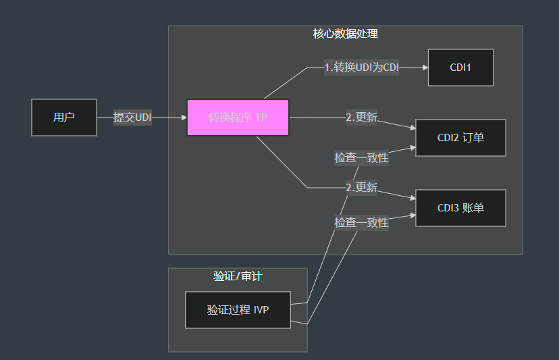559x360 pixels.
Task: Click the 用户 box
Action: (64, 118)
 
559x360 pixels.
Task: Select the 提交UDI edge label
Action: (132, 118)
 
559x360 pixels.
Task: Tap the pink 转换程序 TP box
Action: (238, 118)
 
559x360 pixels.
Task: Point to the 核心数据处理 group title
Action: (345, 34)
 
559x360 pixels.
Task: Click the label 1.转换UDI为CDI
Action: (362, 68)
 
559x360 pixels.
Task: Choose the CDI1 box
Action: (460, 68)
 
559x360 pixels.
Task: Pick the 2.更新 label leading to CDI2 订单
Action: (361, 117)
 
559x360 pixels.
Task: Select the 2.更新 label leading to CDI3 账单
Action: (361, 187)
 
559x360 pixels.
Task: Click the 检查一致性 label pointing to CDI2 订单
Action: (361, 157)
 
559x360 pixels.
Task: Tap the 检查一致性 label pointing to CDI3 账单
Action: (361, 222)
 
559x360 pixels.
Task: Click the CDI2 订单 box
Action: (460, 138)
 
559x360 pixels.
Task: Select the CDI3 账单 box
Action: (460, 208)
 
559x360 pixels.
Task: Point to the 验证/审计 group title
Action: (238, 276)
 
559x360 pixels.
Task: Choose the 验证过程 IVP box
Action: (238, 310)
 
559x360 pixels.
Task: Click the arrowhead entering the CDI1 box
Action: (425, 68)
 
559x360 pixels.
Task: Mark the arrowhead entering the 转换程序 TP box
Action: (184, 118)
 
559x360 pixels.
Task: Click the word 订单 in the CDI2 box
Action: (473, 138)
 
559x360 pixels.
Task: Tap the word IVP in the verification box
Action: (261, 310)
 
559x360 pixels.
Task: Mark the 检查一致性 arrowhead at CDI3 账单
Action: (412, 216)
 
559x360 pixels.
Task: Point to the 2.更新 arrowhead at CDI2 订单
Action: (412, 128)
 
